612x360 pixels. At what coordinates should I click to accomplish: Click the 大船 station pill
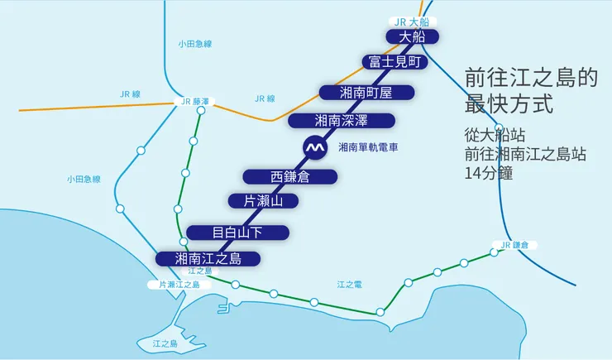click(x=411, y=36)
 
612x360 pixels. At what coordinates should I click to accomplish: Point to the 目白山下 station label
click(x=237, y=232)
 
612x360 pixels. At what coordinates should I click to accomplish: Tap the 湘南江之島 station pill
click(x=208, y=258)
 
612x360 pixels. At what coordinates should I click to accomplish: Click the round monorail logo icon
click(x=314, y=147)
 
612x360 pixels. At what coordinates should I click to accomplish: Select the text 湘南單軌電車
click(x=369, y=147)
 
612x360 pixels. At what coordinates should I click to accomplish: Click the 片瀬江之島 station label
click(x=179, y=284)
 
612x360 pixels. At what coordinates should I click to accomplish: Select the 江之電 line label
click(x=349, y=284)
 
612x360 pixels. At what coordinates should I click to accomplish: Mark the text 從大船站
click(x=495, y=133)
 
